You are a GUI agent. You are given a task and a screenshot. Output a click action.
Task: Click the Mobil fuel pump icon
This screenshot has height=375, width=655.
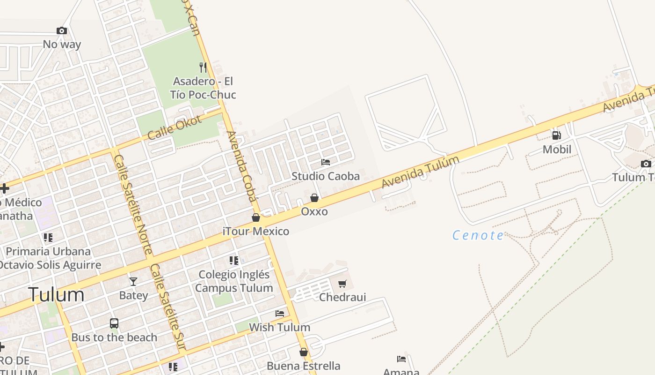[556, 135]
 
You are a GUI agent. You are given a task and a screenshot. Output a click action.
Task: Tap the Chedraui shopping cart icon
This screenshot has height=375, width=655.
[342, 284]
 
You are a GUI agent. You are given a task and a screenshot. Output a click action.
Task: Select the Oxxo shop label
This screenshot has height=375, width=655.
[314, 211]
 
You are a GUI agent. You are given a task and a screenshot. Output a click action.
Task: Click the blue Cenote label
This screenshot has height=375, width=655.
[478, 235]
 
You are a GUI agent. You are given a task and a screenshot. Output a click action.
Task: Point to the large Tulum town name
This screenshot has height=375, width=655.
[57, 295]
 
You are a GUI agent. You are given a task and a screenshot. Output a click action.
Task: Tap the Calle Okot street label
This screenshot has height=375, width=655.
[175, 127]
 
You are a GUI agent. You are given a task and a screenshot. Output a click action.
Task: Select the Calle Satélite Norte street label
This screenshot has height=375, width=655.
[133, 204]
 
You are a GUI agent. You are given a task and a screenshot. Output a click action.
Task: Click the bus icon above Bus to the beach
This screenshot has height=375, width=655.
[114, 323]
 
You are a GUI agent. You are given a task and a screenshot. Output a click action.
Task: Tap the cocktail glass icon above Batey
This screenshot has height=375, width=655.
[133, 281]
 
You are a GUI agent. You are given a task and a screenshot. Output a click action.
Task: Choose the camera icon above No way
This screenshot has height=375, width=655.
[62, 31]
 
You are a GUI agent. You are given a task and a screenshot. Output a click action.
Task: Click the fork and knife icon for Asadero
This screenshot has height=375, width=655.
[203, 67]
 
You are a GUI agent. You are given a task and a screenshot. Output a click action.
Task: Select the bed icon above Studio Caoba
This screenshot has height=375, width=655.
[326, 162]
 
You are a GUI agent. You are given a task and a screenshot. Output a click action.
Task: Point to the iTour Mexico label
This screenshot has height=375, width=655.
[256, 231]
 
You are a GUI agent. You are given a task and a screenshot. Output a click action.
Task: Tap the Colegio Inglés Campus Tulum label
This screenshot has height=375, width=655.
[234, 281]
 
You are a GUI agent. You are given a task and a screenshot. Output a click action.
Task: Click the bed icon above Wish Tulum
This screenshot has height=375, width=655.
[280, 313]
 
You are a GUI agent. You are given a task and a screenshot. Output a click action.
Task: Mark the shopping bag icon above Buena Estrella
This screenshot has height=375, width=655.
[304, 352]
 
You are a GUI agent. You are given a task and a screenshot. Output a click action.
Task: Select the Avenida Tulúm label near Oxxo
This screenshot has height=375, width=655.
[420, 172]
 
